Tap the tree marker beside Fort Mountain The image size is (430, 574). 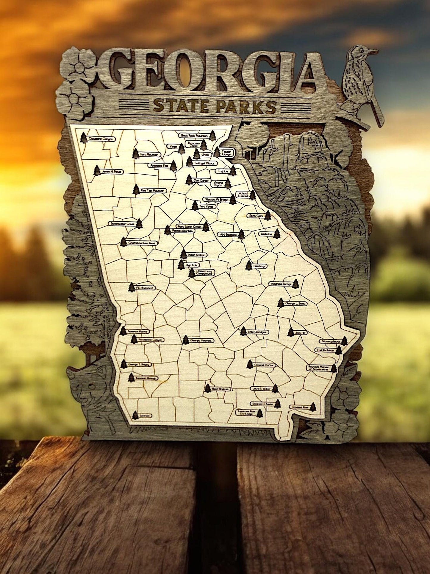136,153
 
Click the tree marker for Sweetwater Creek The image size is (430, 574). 139,223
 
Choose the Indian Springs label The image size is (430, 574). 197,255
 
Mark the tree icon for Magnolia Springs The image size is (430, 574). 295,284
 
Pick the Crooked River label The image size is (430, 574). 299,406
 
